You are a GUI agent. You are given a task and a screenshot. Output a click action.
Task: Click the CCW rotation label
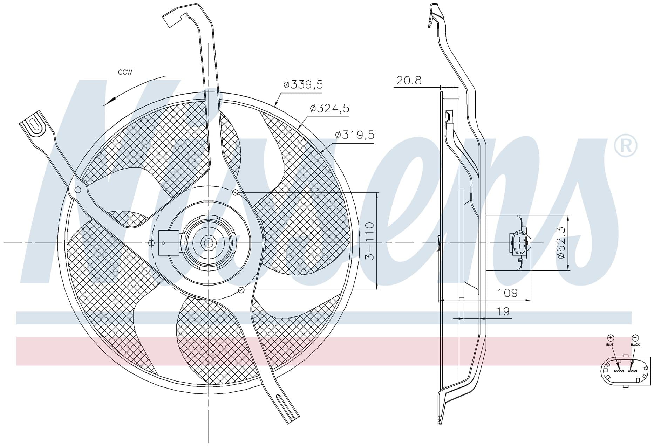click(125, 73)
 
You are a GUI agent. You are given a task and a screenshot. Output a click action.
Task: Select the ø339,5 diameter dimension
click(303, 85)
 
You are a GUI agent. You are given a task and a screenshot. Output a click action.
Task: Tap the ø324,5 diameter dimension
click(329, 109)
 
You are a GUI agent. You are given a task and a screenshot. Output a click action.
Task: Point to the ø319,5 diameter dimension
click(355, 135)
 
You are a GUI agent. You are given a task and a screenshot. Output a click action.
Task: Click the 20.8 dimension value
click(409, 80)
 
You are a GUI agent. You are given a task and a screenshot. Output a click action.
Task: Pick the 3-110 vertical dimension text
click(370, 241)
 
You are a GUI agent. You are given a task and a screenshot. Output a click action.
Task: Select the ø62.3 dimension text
click(561, 242)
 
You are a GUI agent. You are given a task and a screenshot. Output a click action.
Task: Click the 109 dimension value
click(507, 293)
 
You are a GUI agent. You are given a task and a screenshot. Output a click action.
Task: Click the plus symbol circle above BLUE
click(611, 338)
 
